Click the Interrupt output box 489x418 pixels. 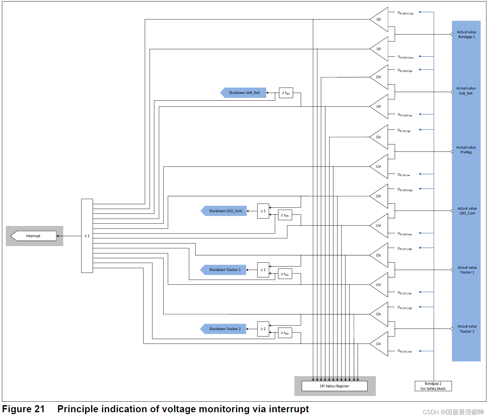point(34,236)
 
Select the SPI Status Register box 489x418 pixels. point(334,386)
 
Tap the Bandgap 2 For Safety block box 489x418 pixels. point(433,386)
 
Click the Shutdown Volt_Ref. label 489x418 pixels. point(244,93)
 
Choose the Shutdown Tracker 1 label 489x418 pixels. point(224,270)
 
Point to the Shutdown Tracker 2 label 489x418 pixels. point(224,329)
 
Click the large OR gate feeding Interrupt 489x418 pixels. point(87,236)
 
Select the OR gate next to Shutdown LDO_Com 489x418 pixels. point(263,211)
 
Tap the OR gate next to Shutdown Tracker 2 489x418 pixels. point(263,329)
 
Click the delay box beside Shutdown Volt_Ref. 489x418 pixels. point(286,93)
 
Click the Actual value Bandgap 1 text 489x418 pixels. point(466,35)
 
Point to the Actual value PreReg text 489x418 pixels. point(466,150)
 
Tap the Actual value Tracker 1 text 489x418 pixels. point(467,270)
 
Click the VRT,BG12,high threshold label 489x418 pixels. point(406,13)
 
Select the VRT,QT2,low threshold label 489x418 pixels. point(405,351)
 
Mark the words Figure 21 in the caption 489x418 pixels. point(23,409)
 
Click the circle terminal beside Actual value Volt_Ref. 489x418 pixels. point(452,92)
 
